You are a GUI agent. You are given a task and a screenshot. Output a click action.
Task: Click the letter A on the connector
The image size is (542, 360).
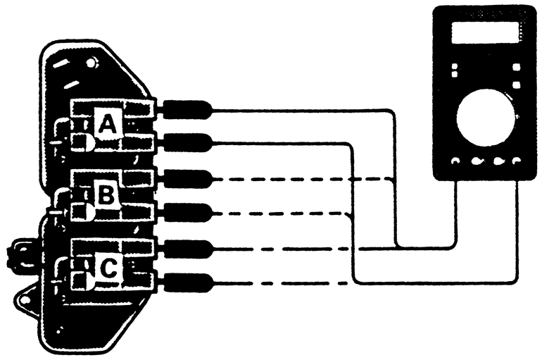(106, 125)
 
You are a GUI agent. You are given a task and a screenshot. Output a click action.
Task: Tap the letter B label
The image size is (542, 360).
(106, 195)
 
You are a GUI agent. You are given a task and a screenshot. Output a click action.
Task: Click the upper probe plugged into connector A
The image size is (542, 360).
(186, 109)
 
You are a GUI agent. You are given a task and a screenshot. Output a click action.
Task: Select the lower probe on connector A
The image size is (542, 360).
(186, 143)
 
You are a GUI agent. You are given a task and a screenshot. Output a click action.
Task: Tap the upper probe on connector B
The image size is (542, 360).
(186, 178)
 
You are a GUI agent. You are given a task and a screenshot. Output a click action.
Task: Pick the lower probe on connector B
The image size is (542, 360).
(186, 212)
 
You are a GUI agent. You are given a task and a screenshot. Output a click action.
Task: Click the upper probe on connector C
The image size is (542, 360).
(186, 249)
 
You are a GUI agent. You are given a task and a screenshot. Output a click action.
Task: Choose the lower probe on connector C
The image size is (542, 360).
(186, 283)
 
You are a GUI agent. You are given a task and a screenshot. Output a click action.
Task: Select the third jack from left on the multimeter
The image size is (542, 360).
(499, 161)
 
